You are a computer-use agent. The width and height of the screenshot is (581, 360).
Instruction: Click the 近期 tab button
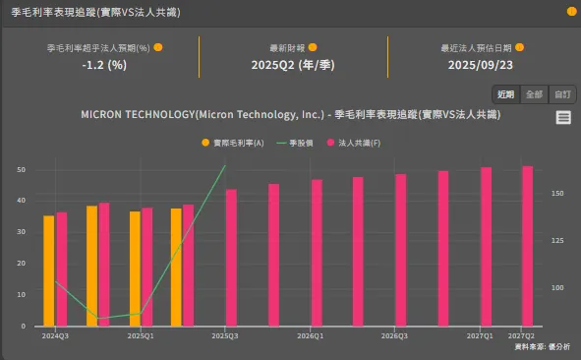pyautogui.click(x=505, y=94)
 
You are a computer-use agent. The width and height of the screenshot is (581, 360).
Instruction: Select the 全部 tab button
pyautogui.click(x=534, y=94)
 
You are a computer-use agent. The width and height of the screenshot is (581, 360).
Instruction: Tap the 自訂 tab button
pyautogui.click(x=562, y=94)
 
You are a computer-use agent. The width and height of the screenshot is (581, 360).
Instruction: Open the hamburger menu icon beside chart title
pyautogui.click(x=563, y=117)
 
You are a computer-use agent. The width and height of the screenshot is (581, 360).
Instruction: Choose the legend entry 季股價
pyautogui.click(x=301, y=144)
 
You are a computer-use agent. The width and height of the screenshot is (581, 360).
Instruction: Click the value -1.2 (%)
pyautogui.click(x=104, y=65)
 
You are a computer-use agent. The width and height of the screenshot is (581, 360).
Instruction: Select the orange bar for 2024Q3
pyautogui.click(x=48, y=270)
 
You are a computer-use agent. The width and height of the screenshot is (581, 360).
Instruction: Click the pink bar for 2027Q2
pyautogui.click(x=527, y=246)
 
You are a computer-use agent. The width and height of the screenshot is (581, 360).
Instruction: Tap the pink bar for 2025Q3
pyautogui.click(x=231, y=258)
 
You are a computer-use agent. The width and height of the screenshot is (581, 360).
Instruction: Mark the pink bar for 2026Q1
pyautogui.click(x=317, y=253)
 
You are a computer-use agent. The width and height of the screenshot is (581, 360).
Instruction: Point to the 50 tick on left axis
pyautogui.click(x=21, y=169)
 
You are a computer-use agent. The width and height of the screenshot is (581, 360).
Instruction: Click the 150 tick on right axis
pyautogui.click(x=557, y=194)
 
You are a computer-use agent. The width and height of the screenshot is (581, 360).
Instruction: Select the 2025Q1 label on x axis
pyautogui.click(x=141, y=335)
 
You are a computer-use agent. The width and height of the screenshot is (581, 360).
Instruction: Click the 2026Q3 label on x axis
pyautogui.click(x=394, y=335)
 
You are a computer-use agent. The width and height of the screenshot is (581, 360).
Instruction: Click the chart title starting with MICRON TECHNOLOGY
pyautogui.click(x=290, y=115)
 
